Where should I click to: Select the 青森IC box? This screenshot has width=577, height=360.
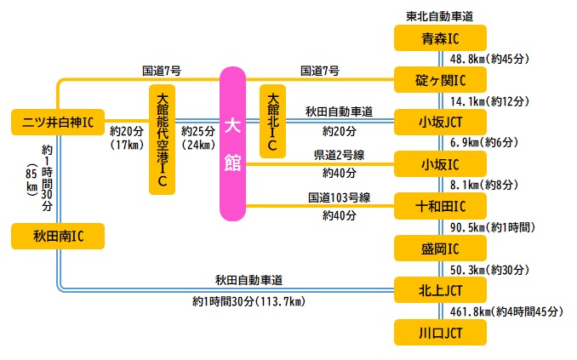(440, 38)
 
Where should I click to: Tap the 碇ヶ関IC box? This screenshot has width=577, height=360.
(440, 80)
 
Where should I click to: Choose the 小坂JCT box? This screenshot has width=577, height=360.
(440, 122)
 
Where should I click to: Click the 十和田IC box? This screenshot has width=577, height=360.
(440, 205)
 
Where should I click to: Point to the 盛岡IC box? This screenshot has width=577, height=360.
(440, 249)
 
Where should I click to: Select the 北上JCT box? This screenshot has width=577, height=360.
(440, 290)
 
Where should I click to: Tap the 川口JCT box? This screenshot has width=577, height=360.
(440, 332)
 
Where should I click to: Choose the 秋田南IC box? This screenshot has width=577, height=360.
(57, 236)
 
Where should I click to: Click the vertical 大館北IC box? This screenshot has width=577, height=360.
(272, 120)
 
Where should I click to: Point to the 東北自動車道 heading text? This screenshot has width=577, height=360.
(440, 15)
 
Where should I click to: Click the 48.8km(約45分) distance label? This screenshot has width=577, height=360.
(491, 60)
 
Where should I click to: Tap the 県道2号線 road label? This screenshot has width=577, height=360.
(338, 154)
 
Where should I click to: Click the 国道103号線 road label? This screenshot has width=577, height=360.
(338, 197)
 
